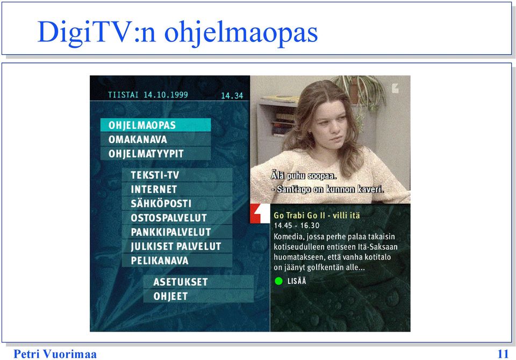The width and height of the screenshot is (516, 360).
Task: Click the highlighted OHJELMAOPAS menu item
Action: tap(155, 125)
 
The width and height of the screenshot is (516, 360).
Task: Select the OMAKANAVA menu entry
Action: tap(155, 139)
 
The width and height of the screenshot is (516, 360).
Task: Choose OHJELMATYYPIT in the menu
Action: tap(155, 153)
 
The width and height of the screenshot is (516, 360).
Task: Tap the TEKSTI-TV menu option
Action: tap(177, 175)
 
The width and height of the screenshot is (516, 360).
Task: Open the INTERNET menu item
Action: tap(177, 189)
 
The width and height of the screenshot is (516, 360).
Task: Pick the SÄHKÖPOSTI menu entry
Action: tap(177, 203)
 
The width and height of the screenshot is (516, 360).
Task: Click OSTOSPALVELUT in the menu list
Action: tap(177, 218)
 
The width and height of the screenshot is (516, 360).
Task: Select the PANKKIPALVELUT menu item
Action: tap(177, 232)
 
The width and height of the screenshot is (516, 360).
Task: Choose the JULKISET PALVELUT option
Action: tap(177, 246)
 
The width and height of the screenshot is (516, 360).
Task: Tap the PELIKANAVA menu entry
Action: tap(177, 260)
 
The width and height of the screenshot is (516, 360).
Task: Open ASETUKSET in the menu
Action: tap(198, 282)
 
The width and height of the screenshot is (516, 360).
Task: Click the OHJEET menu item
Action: tap(198, 296)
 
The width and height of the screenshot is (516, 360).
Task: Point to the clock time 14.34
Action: tap(232, 96)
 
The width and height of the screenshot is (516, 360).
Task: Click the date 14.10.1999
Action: tap(166, 95)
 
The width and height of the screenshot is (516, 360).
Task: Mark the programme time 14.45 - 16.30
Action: tap(297, 226)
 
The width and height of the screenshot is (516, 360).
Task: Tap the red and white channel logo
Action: tap(260, 213)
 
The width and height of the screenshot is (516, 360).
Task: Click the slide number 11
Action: tap(503, 354)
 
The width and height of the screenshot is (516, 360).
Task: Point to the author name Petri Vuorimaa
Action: tap(55, 354)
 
